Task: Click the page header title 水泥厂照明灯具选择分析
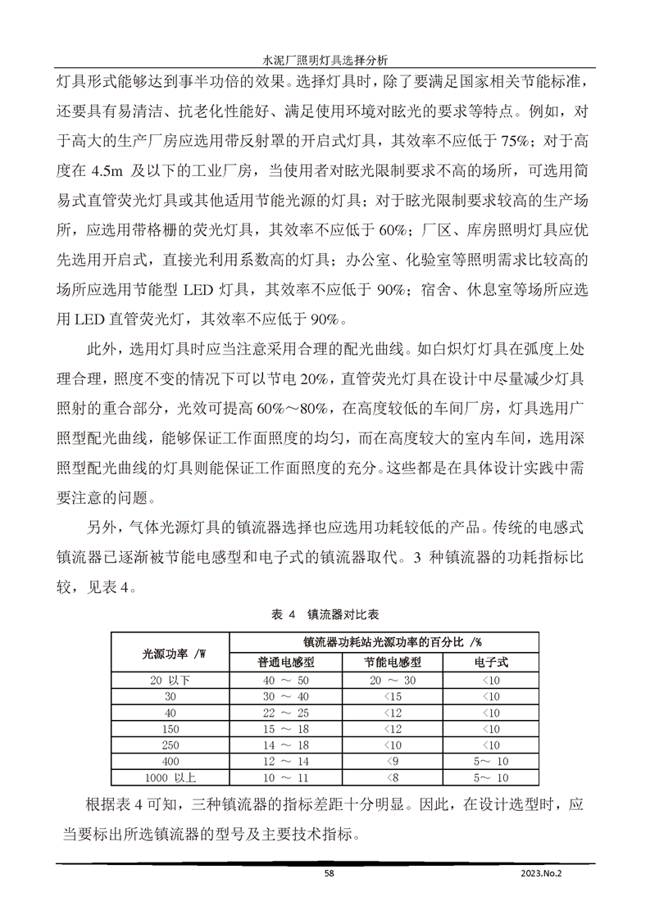coord(325,60)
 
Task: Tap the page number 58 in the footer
coord(330,874)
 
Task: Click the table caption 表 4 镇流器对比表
coord(325,613)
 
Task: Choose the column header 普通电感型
coord(286,662)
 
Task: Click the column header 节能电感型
coord(393,662)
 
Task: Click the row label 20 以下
coord(170,680)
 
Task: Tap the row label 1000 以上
coord(170,776)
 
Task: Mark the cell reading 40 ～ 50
coord(286,680)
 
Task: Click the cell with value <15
coord(393,696)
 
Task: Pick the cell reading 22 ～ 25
coord(286,713)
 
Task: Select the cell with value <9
coord(393,761)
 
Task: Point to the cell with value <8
coord(393,776)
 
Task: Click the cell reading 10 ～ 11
coord(286,776)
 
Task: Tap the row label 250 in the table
coord(170,745)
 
